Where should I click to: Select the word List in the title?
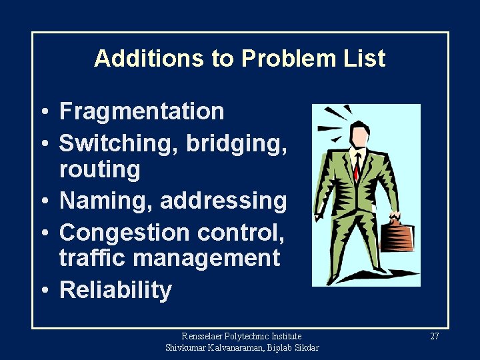[x=363, y=59]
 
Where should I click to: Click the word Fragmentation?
[x=141, y=111]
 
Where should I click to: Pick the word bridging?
[x=237, y=141]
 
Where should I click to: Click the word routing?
[x=99, y=170]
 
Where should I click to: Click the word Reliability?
[x=115, y=291]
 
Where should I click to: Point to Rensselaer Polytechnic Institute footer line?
[x=241, y=337]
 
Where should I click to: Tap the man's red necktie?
[x=357, y=167]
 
